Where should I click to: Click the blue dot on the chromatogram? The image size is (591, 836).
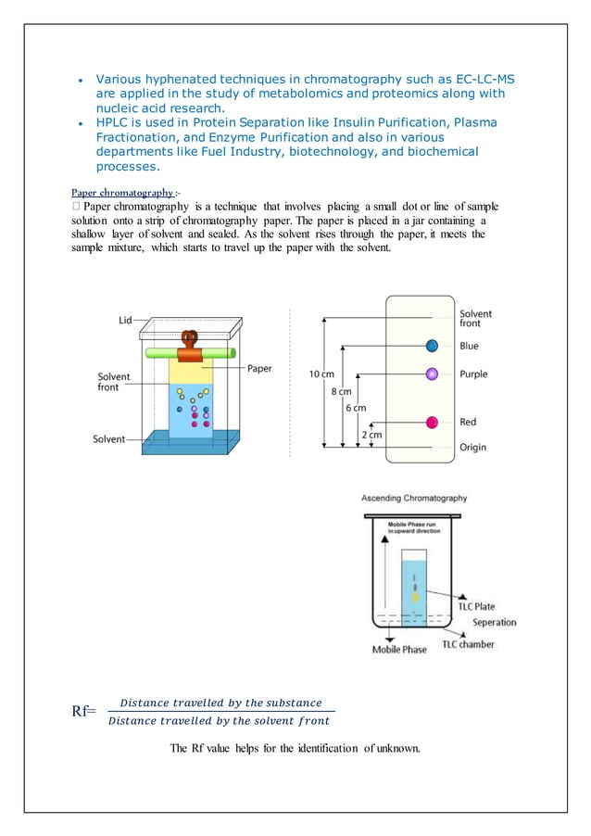coord(432,346)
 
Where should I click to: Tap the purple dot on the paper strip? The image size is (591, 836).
coord(431,374)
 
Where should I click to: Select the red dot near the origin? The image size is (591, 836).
coord(431,423)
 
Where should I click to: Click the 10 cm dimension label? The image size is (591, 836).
coord(321,374)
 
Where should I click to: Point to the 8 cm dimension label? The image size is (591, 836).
coord(341,391)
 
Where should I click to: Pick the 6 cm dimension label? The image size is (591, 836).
coord(355,408)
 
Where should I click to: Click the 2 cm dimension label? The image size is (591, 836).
coord(371,434)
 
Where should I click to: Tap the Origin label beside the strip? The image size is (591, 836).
coord(472,447)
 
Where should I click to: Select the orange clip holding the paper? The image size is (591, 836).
coord(190,346)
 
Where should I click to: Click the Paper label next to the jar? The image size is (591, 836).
coord(259,368)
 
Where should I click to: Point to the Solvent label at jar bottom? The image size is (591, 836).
coord(108,438)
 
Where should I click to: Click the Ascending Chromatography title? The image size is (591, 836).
coord(414,498)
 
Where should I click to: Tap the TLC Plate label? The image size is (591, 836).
coord(477,607)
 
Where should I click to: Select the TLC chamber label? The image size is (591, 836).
coord(468,644)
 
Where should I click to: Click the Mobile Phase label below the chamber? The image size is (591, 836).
coord(399,650)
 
